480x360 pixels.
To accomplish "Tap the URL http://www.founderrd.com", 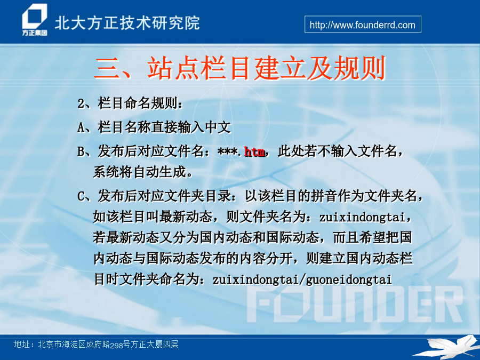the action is [363, 25].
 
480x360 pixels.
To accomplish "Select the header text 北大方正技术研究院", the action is [127, 23].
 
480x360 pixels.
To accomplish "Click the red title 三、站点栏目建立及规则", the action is [239, 68].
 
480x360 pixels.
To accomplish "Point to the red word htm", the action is [255, 151].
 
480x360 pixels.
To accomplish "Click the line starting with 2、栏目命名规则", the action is [130, 103].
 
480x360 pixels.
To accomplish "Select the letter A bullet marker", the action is [81, 127].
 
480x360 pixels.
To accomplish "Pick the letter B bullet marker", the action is [81, 151].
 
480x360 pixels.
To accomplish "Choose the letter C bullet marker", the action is [81, 196].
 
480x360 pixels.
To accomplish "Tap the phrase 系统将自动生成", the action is [140, 172].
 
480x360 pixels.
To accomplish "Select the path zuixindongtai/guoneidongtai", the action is [302, 280].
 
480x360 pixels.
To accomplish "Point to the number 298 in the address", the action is [116, 346].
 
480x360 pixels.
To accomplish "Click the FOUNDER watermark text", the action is [355, 305].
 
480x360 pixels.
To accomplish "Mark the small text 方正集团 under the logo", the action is [35, 33].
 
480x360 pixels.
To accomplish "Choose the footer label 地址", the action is [22, 345].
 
